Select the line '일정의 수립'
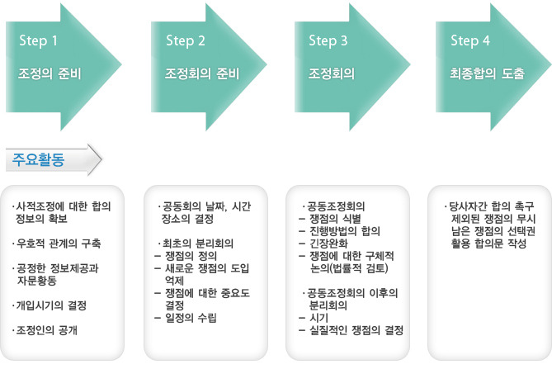pos(192,318)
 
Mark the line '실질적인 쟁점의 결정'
pos(356,331)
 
